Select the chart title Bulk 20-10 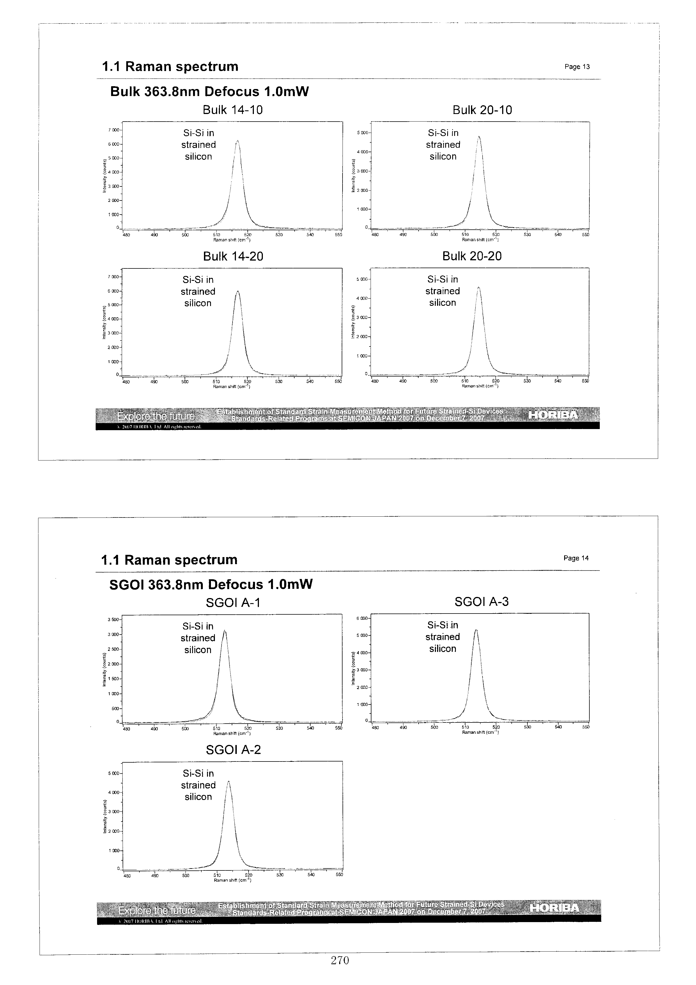point(482,110)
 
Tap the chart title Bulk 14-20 point(233,257)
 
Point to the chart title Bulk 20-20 point(472,256)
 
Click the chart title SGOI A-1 point(233,603)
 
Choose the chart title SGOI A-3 point(481,602)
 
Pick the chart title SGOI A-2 point(233,750)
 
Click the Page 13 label point(577,67)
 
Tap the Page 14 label point(576,558)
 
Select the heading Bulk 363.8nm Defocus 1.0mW point(209,91)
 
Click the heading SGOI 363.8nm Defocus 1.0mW point(211,584)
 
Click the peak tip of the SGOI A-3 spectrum point(476,630)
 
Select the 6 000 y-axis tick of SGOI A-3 point(362,618)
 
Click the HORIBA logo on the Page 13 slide point(554,415)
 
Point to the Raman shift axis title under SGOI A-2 point(232,880)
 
